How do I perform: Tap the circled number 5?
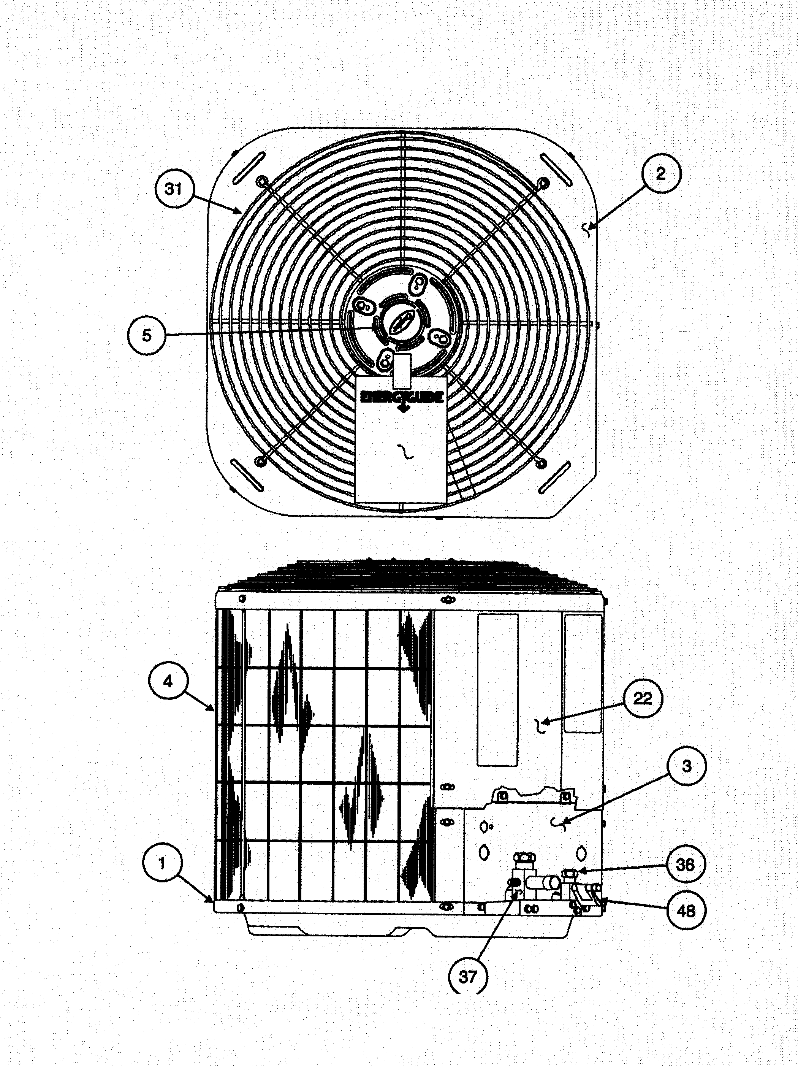147,335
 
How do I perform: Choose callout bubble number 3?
687,766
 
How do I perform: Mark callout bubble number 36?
685,865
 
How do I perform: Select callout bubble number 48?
686,911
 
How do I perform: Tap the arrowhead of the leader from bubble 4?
213,708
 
